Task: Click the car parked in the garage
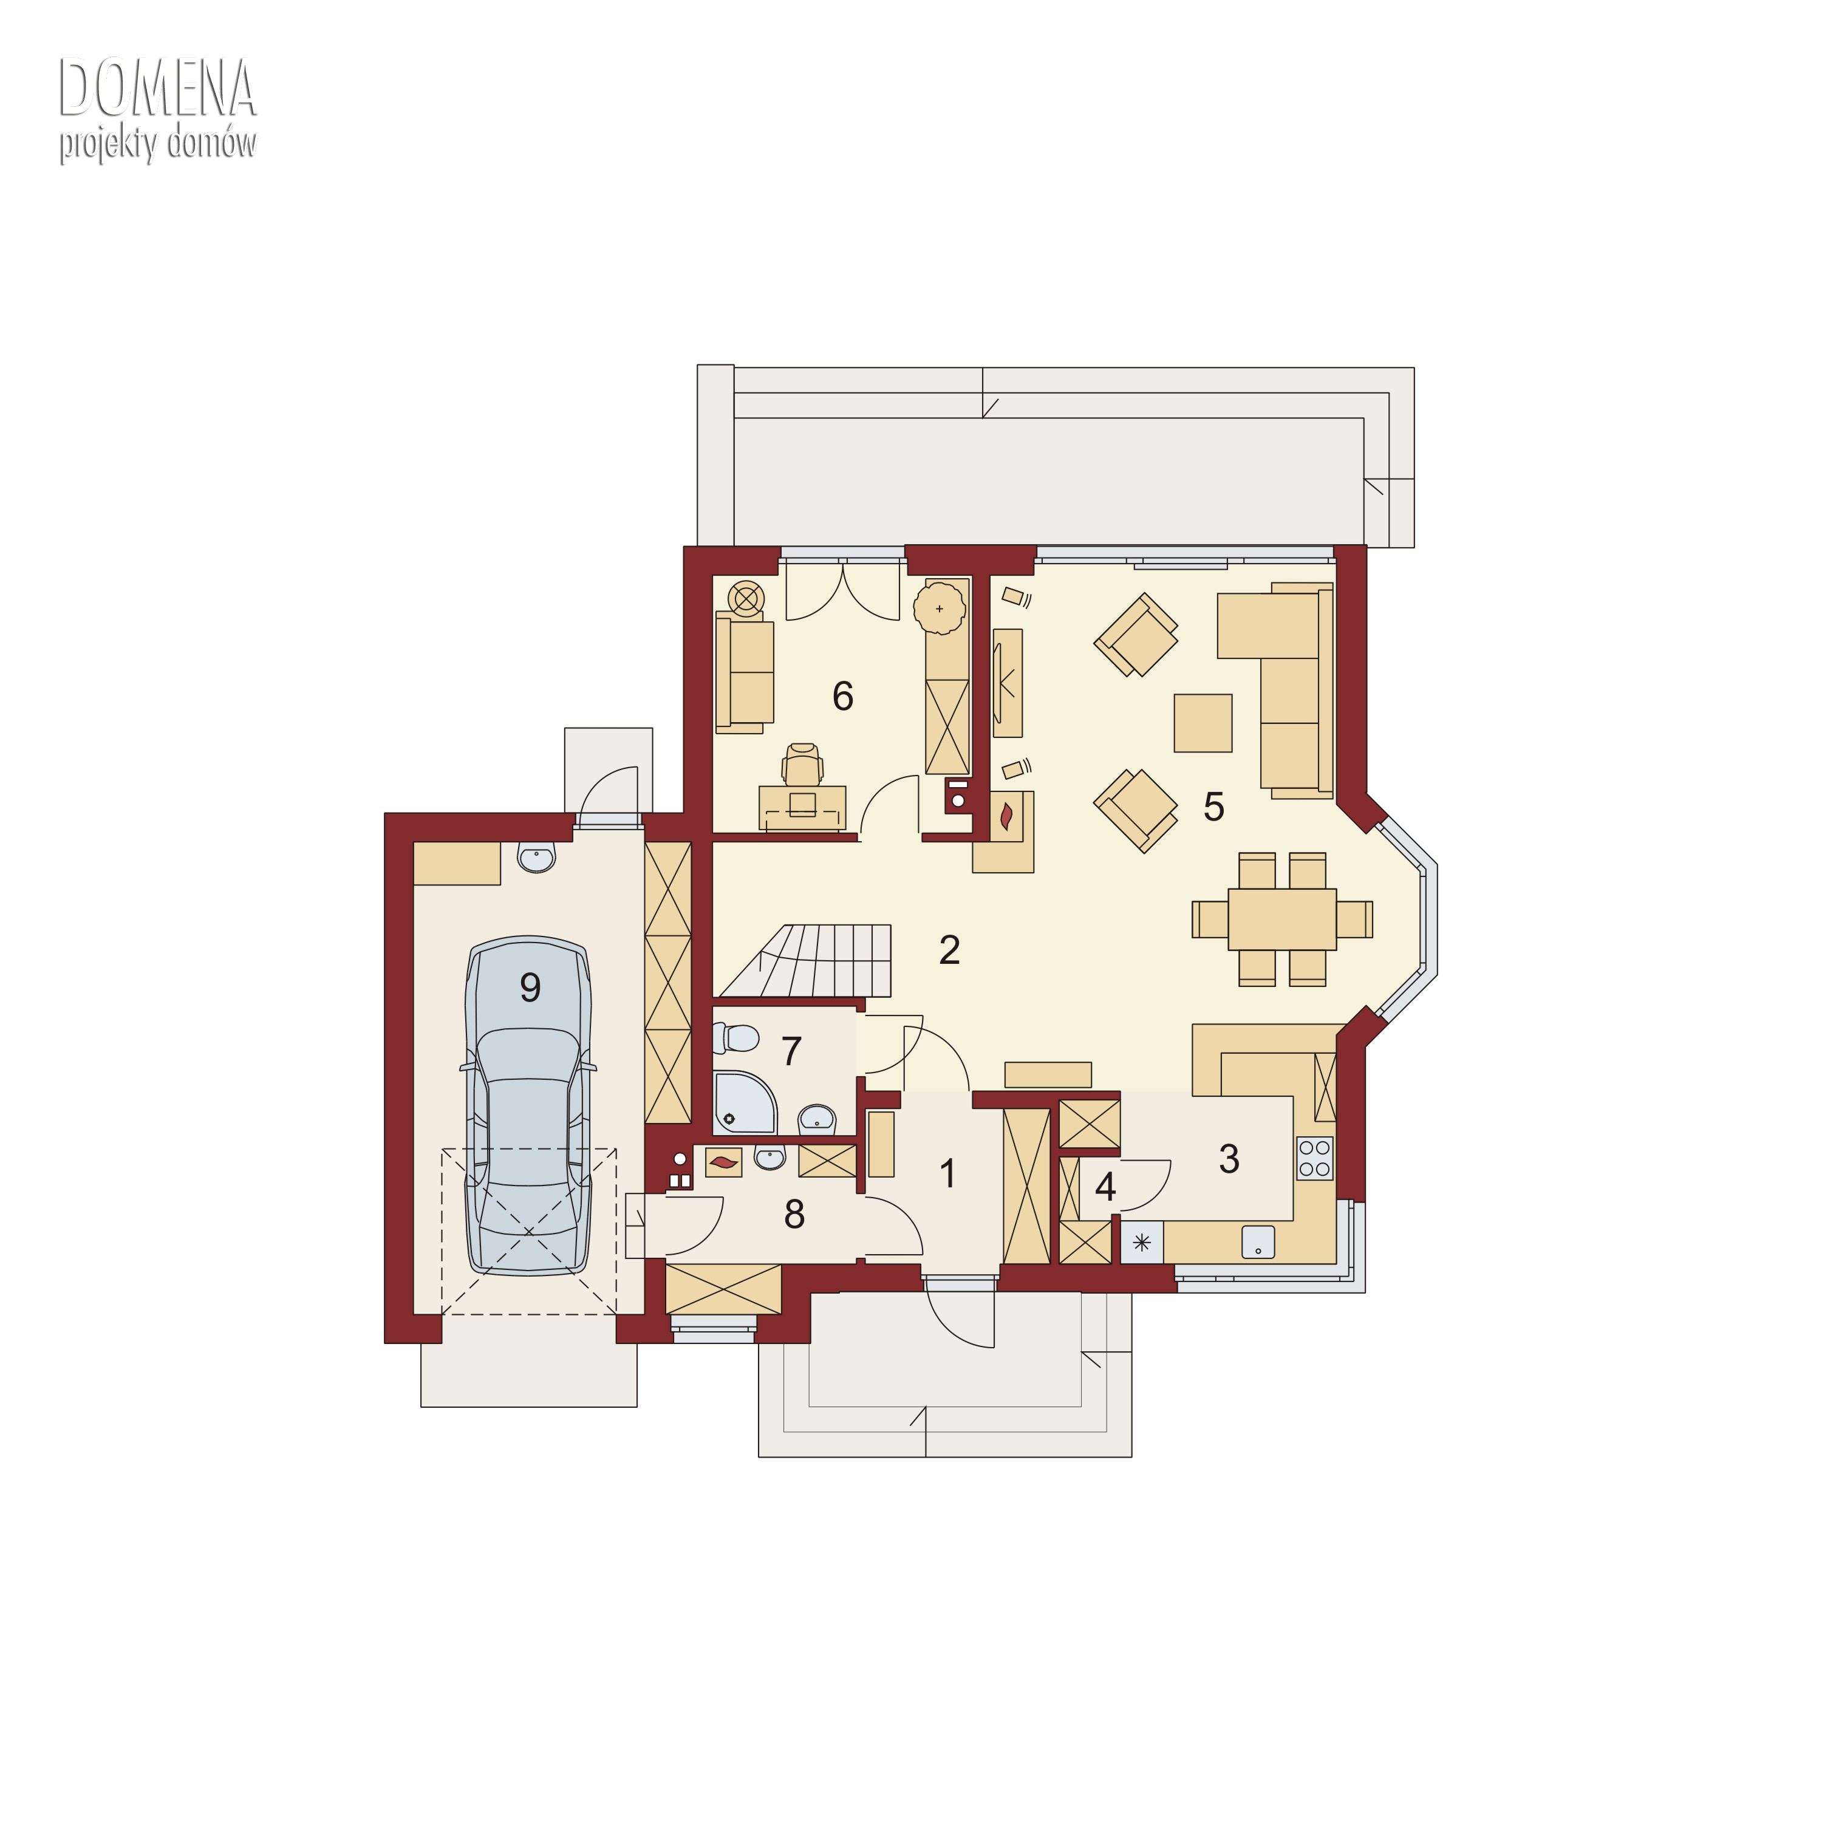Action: point(528,1106)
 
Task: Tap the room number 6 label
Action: point(842,696)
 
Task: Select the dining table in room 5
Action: point(1281,918)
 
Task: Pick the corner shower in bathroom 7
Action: point(744,1102)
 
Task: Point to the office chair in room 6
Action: point(802,764)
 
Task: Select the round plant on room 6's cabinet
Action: point(940,609)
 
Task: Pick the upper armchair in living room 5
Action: point(1136,635)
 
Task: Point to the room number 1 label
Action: point(948,1173)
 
